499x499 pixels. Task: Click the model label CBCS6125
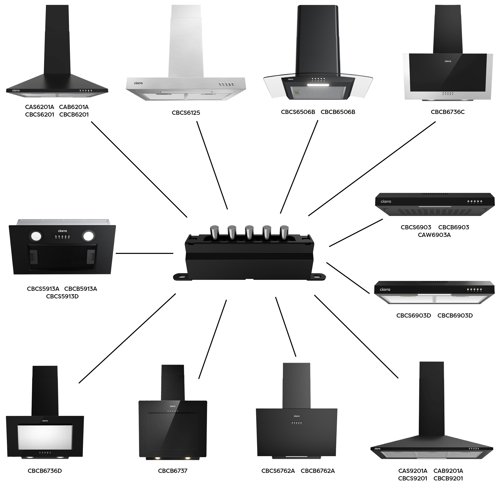tap(186, 113)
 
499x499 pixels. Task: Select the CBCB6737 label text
tap(172, 471)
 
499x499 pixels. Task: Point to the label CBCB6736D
tap(45, 471)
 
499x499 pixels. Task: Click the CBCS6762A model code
tap(278, 471)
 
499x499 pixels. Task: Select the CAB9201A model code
tap(448, 471)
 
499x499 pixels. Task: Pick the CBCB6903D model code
tap(455, 315)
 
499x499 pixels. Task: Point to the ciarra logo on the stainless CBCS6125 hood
tap(138, 83)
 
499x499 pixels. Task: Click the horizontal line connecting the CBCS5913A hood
tap(144, 253)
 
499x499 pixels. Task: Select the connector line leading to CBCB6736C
tap(372, 169)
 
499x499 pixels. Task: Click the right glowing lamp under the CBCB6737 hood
tap(187, 458)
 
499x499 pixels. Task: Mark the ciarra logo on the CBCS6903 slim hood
tap(386, 201)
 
